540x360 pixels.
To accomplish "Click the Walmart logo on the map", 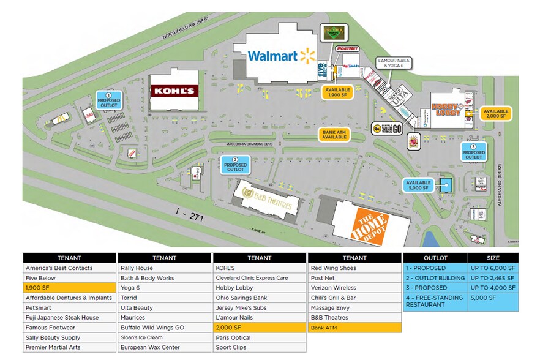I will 281,56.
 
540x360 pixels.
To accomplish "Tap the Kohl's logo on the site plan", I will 174,91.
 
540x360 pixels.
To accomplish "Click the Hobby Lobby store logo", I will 448,107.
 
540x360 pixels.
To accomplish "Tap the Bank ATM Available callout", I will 334,133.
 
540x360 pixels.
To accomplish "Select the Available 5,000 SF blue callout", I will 418,186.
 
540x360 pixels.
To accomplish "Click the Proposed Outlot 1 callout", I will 109,100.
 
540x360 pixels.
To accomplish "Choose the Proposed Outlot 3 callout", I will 473,152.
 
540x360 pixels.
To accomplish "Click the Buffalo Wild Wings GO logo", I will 386,128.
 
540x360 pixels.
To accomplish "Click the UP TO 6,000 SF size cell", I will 493,268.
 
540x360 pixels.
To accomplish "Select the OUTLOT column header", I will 435,258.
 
